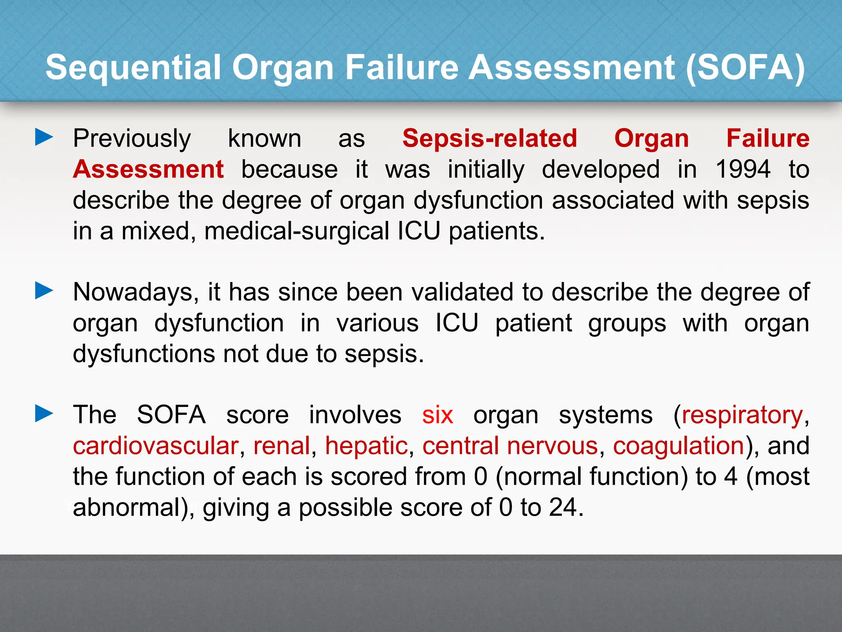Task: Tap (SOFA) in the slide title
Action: (745, 67)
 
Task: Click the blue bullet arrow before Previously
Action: (44, 137)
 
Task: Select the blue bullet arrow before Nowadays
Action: (44, 291)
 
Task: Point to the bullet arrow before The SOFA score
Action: (44, 414)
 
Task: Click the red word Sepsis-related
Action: (489, 138)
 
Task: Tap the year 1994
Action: (743, 169)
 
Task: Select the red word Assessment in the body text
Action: (148, 169)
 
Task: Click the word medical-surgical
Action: (296, 231)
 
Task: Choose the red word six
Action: (437, 415)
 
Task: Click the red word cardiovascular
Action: (156, 446)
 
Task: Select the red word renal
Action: (282, 446)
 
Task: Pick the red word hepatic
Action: (366, 446)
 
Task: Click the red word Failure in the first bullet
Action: (768, 138)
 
